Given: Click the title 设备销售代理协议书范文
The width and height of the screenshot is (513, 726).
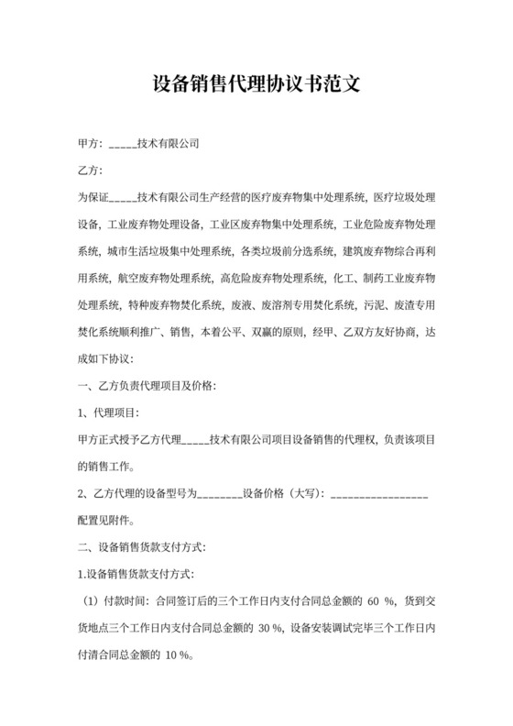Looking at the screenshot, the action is coord(256,85).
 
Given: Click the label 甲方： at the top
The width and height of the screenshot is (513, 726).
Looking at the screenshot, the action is coord(93,144).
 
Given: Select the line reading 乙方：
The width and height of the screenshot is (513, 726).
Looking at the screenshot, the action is coord(93,170).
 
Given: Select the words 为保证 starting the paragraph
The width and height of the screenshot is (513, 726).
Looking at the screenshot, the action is coord(94,197).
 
